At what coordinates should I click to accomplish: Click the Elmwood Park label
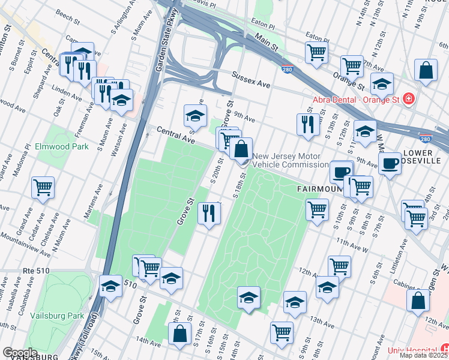click(62, 146)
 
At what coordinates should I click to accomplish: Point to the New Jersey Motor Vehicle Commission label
click(290, 161)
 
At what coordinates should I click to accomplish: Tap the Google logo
click(20, 353)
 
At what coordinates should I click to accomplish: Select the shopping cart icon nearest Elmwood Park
click(43, 187)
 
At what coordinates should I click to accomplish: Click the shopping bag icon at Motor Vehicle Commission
click(241, 148)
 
